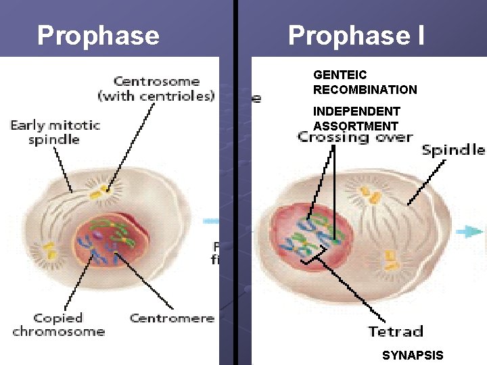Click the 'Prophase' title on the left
[x=98, y=35]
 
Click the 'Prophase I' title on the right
[x=356, y=35]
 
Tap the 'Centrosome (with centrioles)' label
[x=156, y=89]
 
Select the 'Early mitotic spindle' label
[x=55, y=132]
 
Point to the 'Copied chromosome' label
[x=58, y=324]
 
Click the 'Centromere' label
[x=172, y=318]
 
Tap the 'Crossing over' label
[x=355, y=137]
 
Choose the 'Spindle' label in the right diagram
[x=453, y=149]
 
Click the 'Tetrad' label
[x=396, y=331]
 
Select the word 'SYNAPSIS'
[x=413, y=356]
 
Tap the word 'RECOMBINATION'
[x=365, y=89]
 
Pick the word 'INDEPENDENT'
[x=356, y=111]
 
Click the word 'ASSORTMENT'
[x=356, y=126]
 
